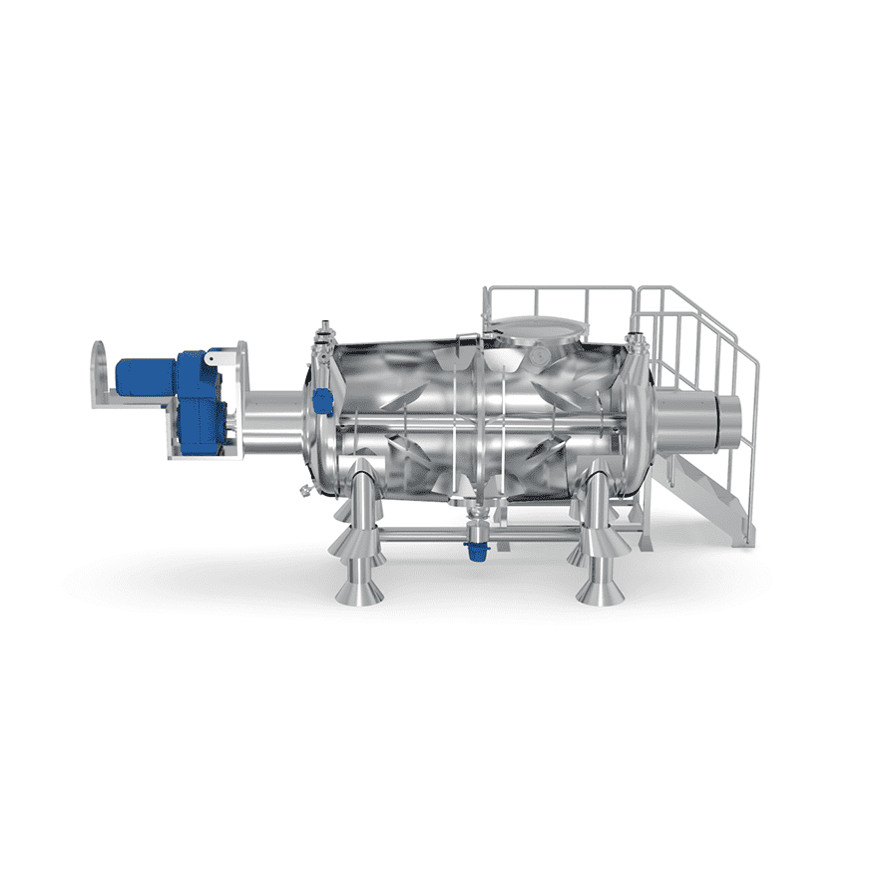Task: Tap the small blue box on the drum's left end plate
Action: click(322, 402)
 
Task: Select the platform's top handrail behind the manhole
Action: click(559, 289)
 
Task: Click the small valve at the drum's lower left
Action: click(299, 490)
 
